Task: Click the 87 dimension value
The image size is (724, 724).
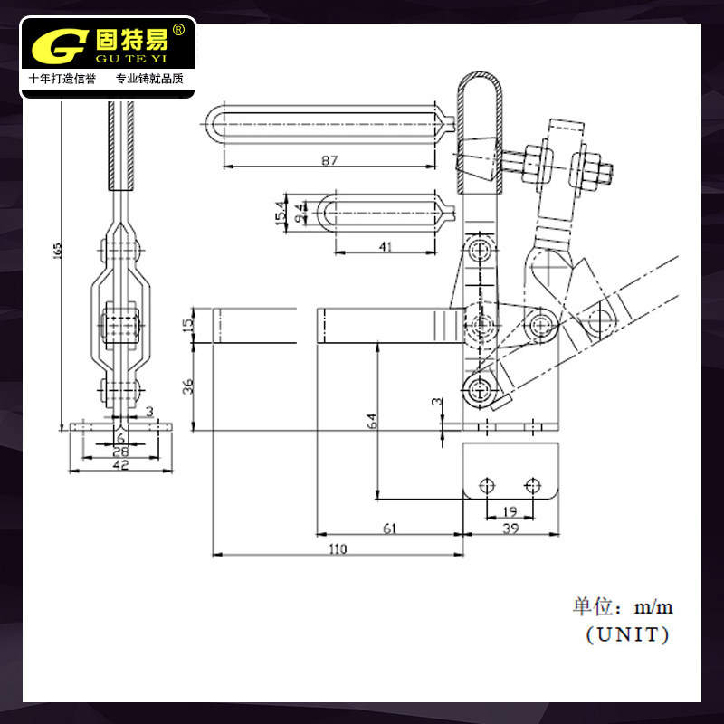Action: pyautogui.click(x=329, y=160)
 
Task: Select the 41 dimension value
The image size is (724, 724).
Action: pyautogui.click(x=386, y=246)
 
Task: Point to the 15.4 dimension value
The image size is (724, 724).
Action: pyautogui.click(x=281, y=213)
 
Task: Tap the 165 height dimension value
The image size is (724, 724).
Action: pyautogui.click(x=57, y=251)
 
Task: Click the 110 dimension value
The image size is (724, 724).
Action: pyautogui.click(x=338, y=548)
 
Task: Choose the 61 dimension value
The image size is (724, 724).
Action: pyautogui.click(x=389, y=528)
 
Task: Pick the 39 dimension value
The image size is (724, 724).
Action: pyautogui.click(x=510, y=528)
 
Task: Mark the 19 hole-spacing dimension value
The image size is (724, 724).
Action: pyautogui.click(x=510, y=511)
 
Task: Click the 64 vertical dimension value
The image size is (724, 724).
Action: pyautogui.click(x=372, y=421)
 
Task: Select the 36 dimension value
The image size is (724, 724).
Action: pyautogui.click(x=187, y=386)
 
